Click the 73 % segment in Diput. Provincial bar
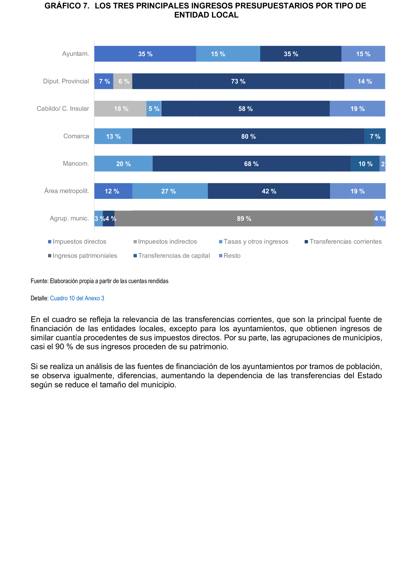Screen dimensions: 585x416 tap(238, 81)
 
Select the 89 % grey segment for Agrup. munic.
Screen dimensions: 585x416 tap(244, 219)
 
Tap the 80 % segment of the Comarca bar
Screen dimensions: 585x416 tap(248, 137)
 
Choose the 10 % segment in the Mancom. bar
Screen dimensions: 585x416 tap(365, 164)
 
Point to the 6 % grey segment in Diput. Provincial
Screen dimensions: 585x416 tap(123, 81)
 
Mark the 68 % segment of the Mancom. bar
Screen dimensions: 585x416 tap(251, 164)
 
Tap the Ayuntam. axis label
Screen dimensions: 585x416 tap(75, 54)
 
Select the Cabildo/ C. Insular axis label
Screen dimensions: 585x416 tap(63, 109)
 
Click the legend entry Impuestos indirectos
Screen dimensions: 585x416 tap(167, 242)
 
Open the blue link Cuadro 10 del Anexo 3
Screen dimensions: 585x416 tap(77, 298)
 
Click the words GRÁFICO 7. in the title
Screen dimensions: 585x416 tap(67, 6)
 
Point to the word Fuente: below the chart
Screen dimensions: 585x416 tap(39, 281)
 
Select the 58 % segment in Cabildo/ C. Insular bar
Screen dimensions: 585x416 tap(245, 109)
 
